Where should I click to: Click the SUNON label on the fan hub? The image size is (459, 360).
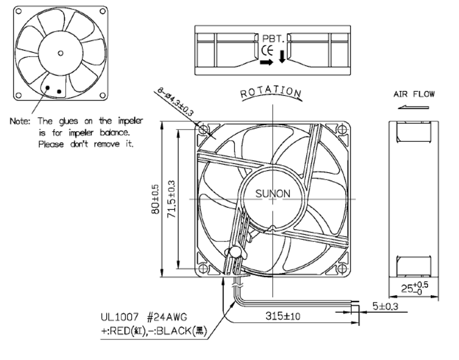tap(273, 194)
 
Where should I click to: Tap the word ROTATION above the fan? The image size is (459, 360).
tap(271, 92)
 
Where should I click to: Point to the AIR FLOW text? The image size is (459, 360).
tap(414, 94)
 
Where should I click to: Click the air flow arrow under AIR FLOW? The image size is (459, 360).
tap(414, 107)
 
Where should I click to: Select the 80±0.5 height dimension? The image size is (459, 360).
tap(156, 199)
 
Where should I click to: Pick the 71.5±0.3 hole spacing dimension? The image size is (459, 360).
tap(172, 199)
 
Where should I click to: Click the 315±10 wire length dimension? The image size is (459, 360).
tap(283, 316)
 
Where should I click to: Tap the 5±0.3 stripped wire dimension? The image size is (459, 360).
tap(385, 306)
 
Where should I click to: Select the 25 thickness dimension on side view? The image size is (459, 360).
tap(414, 287)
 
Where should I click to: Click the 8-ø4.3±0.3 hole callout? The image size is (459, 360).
tap(175, 101)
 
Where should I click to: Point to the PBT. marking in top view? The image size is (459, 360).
tap(273, 39)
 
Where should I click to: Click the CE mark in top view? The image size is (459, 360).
tap(267, 51)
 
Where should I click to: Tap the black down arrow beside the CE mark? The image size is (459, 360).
tap(282, 56)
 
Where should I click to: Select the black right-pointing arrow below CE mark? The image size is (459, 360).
tap(266, 62)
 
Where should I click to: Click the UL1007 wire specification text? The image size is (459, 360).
tap(119, 317)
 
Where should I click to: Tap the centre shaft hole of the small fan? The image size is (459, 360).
tap(61, 53)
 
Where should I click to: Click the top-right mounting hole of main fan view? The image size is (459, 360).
tap(342, 129)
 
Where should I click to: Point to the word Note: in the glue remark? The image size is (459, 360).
tap(20, 121)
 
